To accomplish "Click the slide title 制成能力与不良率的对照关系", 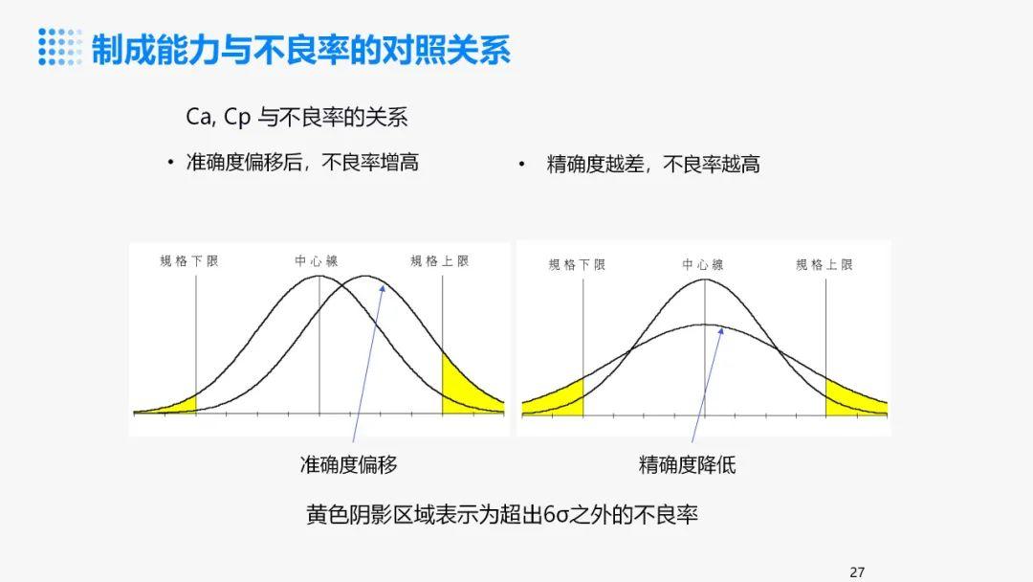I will click(x=300, y=49).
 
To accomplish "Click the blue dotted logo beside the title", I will click(x=60, y=47).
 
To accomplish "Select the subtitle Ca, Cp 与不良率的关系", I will click(x=297, y=118).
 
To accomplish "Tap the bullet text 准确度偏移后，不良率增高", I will click(x=302, y=163).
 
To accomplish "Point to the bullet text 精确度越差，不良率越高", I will click(x=653, y=164).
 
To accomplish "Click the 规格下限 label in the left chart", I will click(x=189, y=260).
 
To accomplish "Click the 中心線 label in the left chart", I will click(x=317, y=260).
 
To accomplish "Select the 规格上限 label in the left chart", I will click(x=440, y=260).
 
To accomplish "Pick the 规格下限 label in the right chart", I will click(x=577, y=264).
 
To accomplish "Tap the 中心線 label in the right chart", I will click(x=703, y=264).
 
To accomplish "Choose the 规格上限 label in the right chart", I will click(x=824, y=264).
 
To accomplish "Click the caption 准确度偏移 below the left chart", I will click(x=349, y=465).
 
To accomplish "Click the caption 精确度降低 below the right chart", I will click(x=688, y=465).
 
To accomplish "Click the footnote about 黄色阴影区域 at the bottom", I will click(x=502, y=514).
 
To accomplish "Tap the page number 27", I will click(x=857, y=572).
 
